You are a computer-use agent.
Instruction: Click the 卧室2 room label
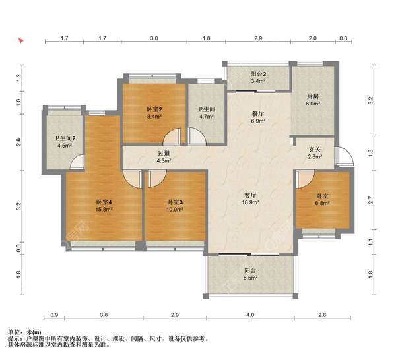[154, 109]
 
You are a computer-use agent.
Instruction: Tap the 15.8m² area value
[104, 209]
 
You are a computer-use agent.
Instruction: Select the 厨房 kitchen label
[313, 96]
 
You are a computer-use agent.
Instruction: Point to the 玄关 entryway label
[315, 150]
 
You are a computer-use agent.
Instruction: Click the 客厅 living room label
[251, 195]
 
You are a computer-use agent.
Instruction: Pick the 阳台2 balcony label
[258, 74]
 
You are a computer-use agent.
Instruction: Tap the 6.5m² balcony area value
[251, 278]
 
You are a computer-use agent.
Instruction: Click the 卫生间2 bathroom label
[65, 138]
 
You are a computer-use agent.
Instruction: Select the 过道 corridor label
[164, 153]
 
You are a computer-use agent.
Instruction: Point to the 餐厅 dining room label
[258, 114]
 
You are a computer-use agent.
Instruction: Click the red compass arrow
[20, 40]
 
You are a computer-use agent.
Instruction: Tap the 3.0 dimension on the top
[154, 38]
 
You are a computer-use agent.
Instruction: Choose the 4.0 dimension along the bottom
[250, 315]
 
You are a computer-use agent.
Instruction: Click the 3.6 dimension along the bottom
[104, 315]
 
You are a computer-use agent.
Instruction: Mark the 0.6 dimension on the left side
[18, 248]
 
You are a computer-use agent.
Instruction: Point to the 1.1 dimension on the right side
[370, 242]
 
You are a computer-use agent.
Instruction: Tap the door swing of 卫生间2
[77, 162]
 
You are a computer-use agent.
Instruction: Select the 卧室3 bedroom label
[175, 202]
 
